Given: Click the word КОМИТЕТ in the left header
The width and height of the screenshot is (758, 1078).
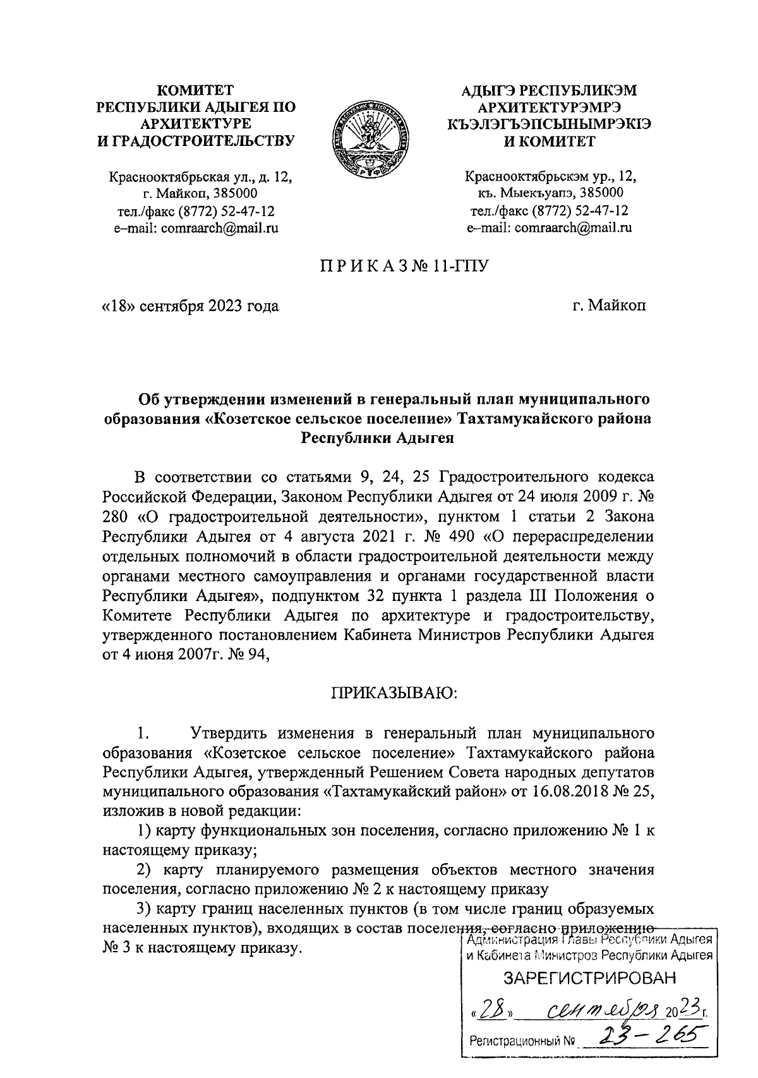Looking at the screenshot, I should coord(195,90).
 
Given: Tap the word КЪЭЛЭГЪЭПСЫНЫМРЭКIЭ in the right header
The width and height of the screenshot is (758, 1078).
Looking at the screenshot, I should coord(549,124).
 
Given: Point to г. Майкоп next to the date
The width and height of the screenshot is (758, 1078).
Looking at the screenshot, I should coord(609,306).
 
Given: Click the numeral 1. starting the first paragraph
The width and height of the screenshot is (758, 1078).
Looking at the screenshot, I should coord(141,734).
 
